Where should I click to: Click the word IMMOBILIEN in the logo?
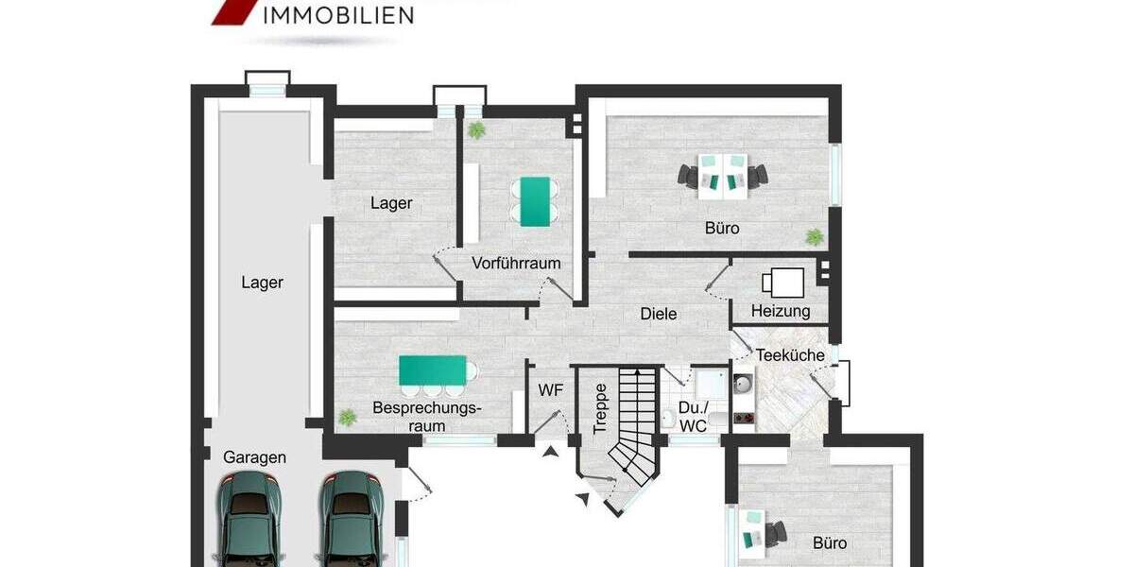[337, 15]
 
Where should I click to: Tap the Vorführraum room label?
[516, 264]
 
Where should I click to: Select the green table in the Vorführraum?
[535, 201]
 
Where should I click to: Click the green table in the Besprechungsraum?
[433, 369]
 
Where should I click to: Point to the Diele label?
[659, 314]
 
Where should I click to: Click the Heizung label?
[781, 311]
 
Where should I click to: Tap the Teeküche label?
[791, 355]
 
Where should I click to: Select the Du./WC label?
[692, 418]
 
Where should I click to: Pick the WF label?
[551, 389]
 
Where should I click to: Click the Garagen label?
[254, 457]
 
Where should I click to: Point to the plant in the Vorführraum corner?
[475, 129]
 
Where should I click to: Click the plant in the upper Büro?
[813, 236]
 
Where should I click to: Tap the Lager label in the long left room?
[262, 282]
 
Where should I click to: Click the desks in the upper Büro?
[724, 176]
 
